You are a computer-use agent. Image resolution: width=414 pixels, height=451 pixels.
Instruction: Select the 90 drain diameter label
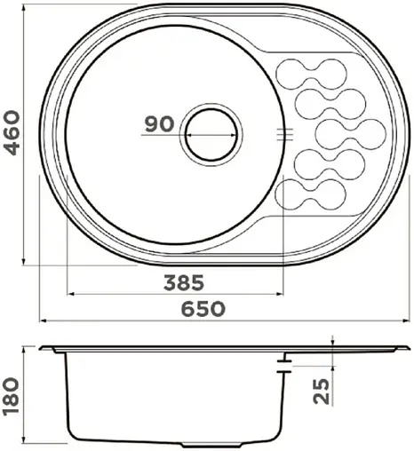pos(160,125)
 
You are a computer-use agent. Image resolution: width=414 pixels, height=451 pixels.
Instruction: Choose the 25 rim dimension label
pos(322,392)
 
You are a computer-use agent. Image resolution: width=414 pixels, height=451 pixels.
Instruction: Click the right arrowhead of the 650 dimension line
pos(394,320)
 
